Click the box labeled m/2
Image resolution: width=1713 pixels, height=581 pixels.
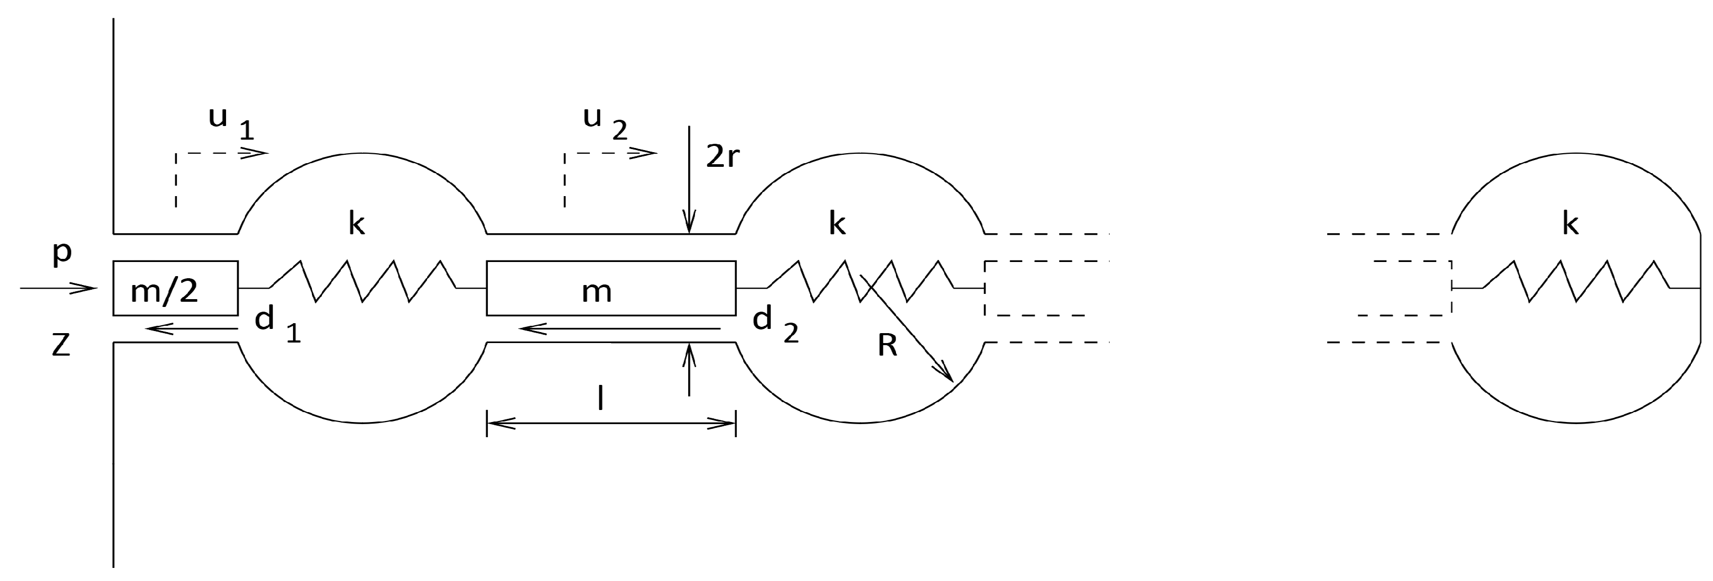(x=175, y=289)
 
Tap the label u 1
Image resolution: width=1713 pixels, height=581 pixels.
(x=229, y=122)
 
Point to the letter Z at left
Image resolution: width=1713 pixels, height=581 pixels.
(x=61, y=346)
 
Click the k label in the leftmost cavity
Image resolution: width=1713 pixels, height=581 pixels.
(x=356, y=225)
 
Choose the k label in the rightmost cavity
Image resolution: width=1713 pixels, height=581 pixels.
(x=1570, y=225)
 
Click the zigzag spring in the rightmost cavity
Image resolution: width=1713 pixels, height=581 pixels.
(x=1576, y=282)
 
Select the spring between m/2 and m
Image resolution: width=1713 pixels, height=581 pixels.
(x=362, y=282)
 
